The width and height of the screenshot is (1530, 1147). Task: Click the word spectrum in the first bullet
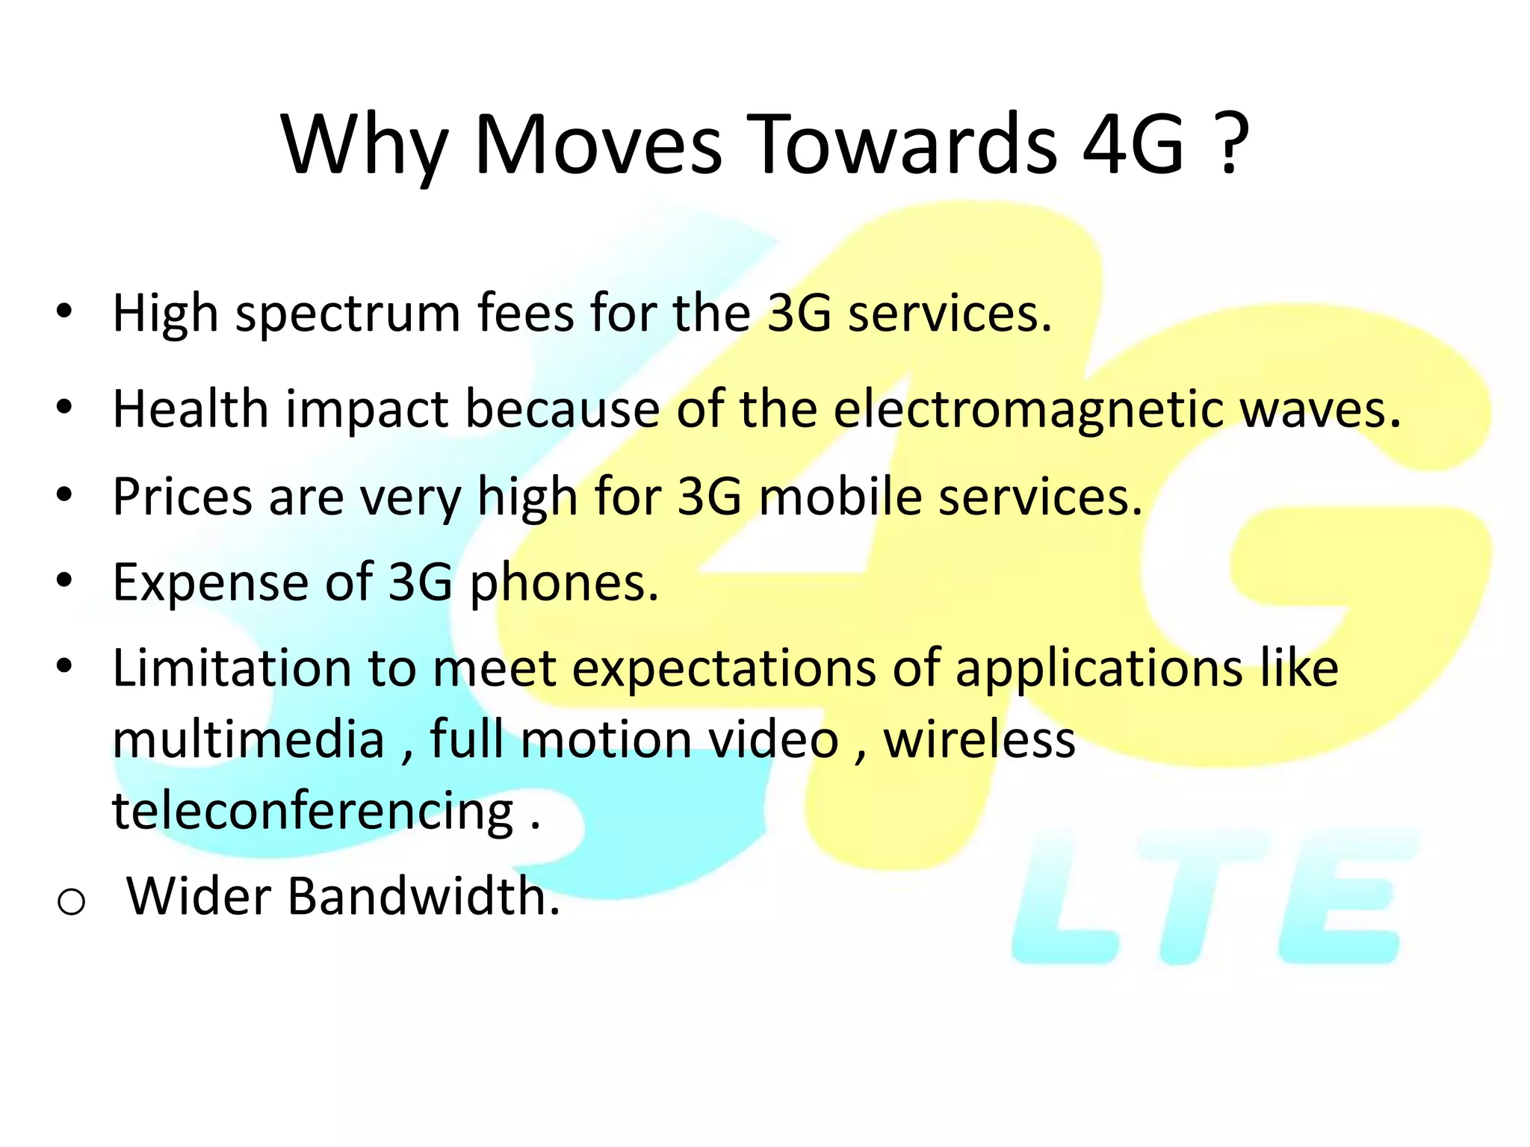tap(348, 314)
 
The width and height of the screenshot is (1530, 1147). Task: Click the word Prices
tap(182, 496)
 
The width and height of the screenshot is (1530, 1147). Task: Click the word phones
tap(564, 583)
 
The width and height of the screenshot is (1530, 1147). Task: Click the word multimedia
tap(249, 739)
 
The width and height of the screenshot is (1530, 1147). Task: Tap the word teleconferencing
tap(313, 812)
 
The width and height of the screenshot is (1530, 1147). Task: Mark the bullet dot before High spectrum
tap(64, 311)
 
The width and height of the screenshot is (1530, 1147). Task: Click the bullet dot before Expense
tap(64, 580)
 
